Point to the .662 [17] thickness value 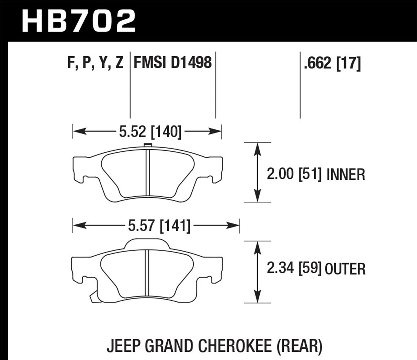point(332,63)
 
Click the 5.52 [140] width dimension point(150,131)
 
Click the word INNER point(346,175)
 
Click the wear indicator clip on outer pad point(93,298)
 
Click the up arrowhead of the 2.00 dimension point(257,148)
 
